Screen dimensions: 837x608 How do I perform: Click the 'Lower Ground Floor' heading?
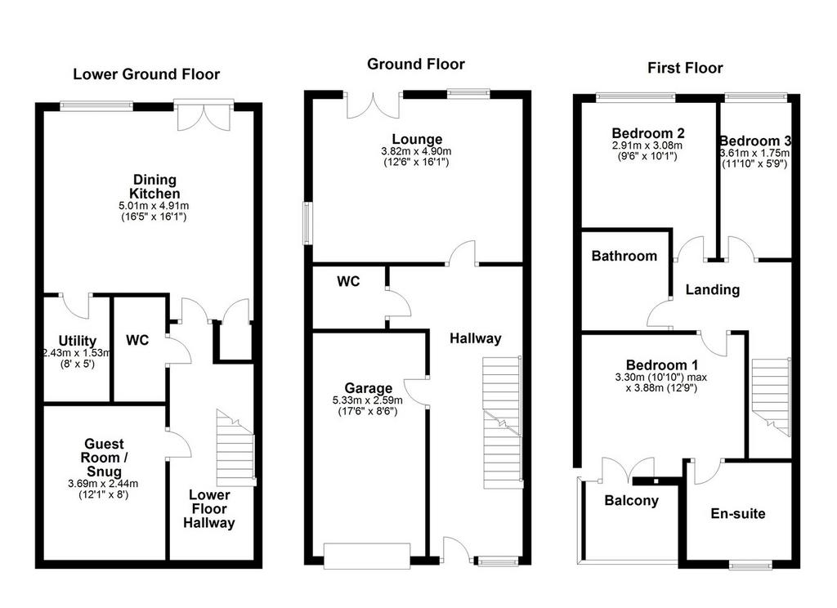click(146, 74)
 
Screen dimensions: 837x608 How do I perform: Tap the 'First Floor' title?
click(685, 68)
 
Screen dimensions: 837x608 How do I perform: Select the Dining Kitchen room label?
click(154, 187)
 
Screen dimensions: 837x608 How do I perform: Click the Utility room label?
click(78, 341)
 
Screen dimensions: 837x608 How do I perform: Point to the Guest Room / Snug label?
click(104, 458)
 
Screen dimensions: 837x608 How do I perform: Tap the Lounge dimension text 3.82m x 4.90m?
click(416, 152)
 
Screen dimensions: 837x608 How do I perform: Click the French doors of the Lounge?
click(373, 105)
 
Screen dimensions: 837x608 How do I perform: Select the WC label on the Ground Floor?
click(348, 281)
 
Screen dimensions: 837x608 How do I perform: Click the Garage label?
click(369, 388)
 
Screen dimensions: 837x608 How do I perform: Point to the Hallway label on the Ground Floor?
click(475, 338)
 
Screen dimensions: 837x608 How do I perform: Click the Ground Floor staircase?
click(503, 422)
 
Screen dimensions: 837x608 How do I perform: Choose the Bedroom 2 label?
click(648, 133)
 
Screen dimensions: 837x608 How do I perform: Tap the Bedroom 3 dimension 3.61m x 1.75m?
click(754, 153)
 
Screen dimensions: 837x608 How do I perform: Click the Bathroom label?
click(624, 256)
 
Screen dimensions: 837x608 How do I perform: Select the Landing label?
click(713, 290)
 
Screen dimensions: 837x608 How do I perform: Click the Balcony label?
click(632, 500)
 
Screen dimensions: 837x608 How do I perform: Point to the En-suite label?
click(738, 513)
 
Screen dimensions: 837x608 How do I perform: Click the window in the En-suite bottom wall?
click(751, 564)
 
